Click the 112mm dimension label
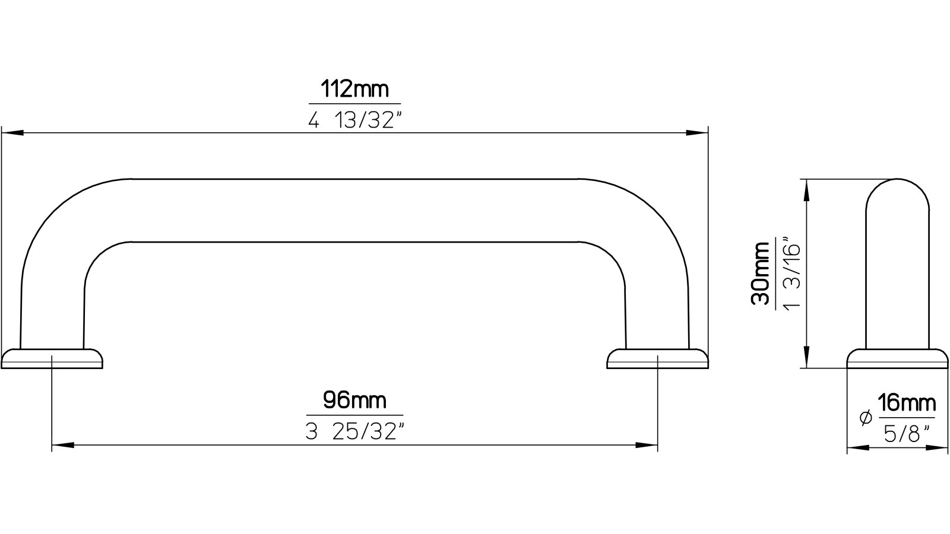coord(354,90)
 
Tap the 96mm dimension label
coord(354,401)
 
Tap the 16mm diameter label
coord(906,403)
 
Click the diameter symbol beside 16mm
coord(865,418)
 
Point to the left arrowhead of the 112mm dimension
coord(12,133)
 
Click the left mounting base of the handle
coord(52,358)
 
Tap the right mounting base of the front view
coord(658,358)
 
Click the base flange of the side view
coord(898,358)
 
